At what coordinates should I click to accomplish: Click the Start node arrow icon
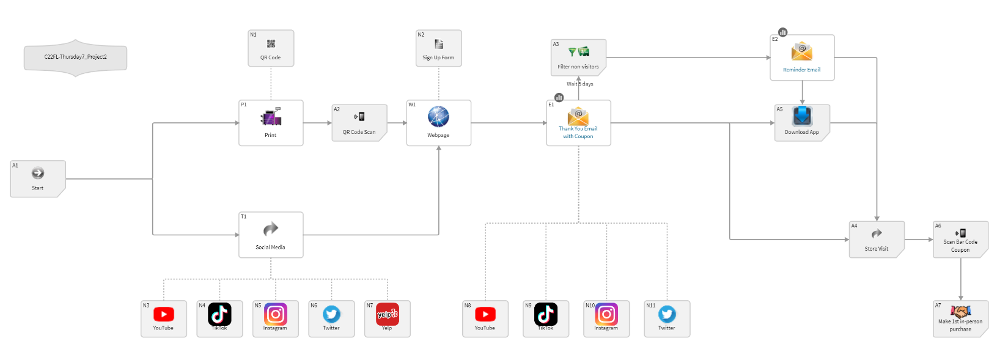click(x=38, y=174)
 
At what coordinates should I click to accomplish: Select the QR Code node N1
click(x=271, y=48)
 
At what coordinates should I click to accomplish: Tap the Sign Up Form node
click(x=438, y=48)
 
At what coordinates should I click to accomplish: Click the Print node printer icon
click(x=271, y=117)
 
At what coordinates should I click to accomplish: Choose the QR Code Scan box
click(x=359, y=123)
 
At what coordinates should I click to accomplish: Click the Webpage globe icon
click(x=438, y=116)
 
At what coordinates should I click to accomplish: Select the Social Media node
click(x=271, y=235)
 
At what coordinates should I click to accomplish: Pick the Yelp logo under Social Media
click(x=387, y=314)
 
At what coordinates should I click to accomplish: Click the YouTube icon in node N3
click(x=164, y=314)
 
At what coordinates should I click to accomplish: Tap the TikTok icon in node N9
click(x=546, y=314)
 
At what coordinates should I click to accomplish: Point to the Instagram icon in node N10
click(x=606, y=314)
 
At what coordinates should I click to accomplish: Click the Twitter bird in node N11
click(x=667, y=314)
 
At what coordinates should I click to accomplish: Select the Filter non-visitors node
click(x=578, y=57)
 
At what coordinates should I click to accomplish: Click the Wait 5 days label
click(x=579, y=84)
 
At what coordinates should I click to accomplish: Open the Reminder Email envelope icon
click(x=802, y=51)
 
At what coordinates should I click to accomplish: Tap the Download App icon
click(x=802, y=116)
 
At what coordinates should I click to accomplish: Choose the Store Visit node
click(x=877, y=240)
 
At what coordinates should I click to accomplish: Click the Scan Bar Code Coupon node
click(x=960, y=240)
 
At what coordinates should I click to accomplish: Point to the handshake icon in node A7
click(x=960, y=311)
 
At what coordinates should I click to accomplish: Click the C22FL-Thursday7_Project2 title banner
click(x=76, y=57)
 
